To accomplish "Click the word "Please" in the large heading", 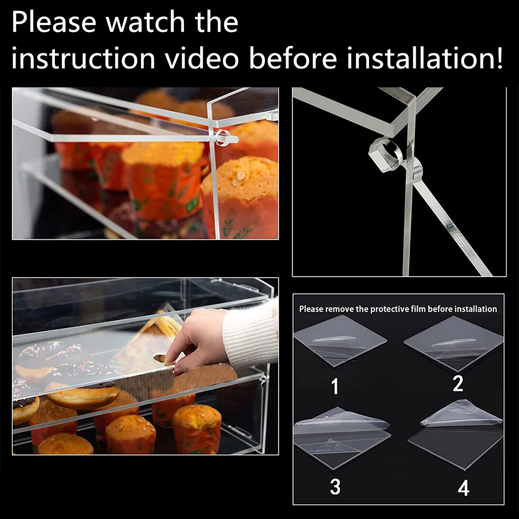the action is coord(54,23).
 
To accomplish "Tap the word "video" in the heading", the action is coord(202,58).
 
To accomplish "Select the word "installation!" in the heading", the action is coord(425,58).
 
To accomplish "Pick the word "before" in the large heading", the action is coord(293,58).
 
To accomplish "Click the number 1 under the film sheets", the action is coord(335,386).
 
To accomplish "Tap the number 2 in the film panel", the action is coord(458,384).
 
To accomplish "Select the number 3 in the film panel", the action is coord(335,486).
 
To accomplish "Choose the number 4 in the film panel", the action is coord(464,488).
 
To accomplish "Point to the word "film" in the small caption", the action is coord(418,309).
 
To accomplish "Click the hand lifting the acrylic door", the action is coord(197,341).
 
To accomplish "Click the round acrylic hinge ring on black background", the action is coord(384,155).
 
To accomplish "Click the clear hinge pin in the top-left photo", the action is coord(225,137).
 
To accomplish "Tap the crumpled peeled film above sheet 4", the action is coord(462,414).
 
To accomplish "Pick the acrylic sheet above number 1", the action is coord(340,341).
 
